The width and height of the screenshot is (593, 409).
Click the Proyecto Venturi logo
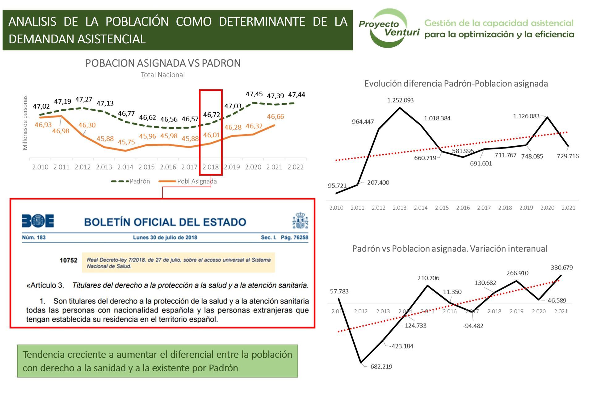(x=389, y=28)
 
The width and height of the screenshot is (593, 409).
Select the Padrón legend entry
(x=131, y=181)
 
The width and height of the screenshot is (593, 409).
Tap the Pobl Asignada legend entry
(x=188, y=181)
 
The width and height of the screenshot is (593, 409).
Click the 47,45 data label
(x=254, y=94)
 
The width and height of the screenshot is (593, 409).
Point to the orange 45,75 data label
(x=126, y=142)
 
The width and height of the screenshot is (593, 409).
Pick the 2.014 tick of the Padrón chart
(x=125, y=167)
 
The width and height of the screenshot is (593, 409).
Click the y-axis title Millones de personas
(x=25, y=123)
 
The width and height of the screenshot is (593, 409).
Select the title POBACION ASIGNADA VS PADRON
(x=163, y=63)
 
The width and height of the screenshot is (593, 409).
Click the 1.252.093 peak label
(x=400, y=100)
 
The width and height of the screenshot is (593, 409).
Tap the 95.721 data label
(x=337, y=186)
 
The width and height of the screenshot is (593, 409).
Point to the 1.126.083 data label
(x=526, y=116)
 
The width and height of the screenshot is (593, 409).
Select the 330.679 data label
(x=561, y=268)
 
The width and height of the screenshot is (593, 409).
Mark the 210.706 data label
(x=428, y=278)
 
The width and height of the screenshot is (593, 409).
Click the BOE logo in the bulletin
(x=38, y=221)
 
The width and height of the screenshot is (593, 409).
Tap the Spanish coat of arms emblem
(x=300, y=220)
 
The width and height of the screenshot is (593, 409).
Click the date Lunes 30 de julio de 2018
(x=165, y=237)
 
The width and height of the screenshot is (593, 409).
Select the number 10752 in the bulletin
(x=68, y=260)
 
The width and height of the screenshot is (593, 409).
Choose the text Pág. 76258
(x=294, y=237)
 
